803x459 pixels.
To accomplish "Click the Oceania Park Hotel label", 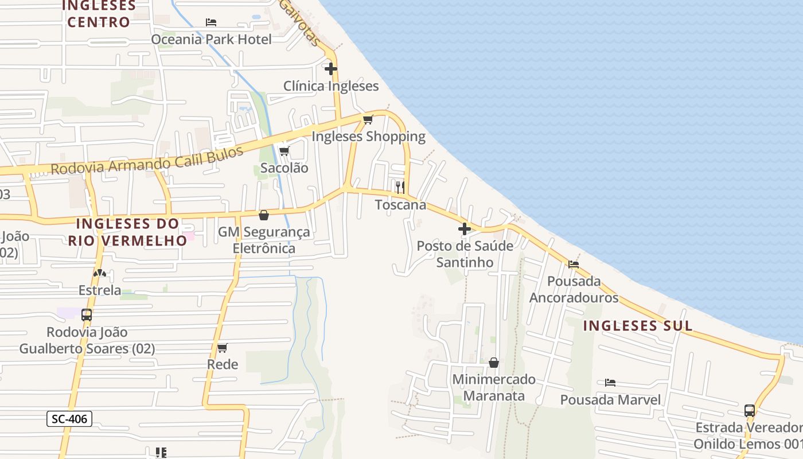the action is [x=211, y=39].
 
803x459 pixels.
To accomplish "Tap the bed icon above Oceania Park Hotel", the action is [x=211, y=22].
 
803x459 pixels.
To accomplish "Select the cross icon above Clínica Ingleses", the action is [x=331, y=69].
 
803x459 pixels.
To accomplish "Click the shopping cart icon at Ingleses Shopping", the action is [x=368, y=119].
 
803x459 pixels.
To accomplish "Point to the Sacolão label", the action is [x=284, y=168].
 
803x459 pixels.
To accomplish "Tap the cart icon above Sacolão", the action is [x=284, y=151].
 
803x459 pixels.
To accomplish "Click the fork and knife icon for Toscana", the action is [x=400, y=187].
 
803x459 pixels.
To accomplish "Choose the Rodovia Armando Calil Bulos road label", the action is [x=147, y=161].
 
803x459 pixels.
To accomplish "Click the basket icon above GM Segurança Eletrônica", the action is [x=264, y=215].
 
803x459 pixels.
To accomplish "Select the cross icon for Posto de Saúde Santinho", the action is [x=465, y=229].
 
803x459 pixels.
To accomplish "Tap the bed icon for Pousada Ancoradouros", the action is [x=574, y=264].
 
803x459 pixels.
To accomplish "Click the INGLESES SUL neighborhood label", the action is [x=638, y=326].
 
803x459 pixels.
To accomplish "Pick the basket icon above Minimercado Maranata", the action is [x=494, y=363].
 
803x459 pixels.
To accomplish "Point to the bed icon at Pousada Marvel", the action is [x=610, y=383].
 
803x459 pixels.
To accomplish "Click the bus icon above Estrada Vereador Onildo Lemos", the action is [x=750, y=410].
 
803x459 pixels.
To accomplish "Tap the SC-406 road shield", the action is [x=69, y=419].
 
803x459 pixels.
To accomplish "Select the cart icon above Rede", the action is [x=223, y=348].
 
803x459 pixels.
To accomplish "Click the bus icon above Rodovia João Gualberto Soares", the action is [x=87, y=315].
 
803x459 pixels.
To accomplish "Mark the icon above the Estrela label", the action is [x=100, y=273].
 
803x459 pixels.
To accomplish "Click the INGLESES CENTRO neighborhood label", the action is [x=99, y=14].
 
